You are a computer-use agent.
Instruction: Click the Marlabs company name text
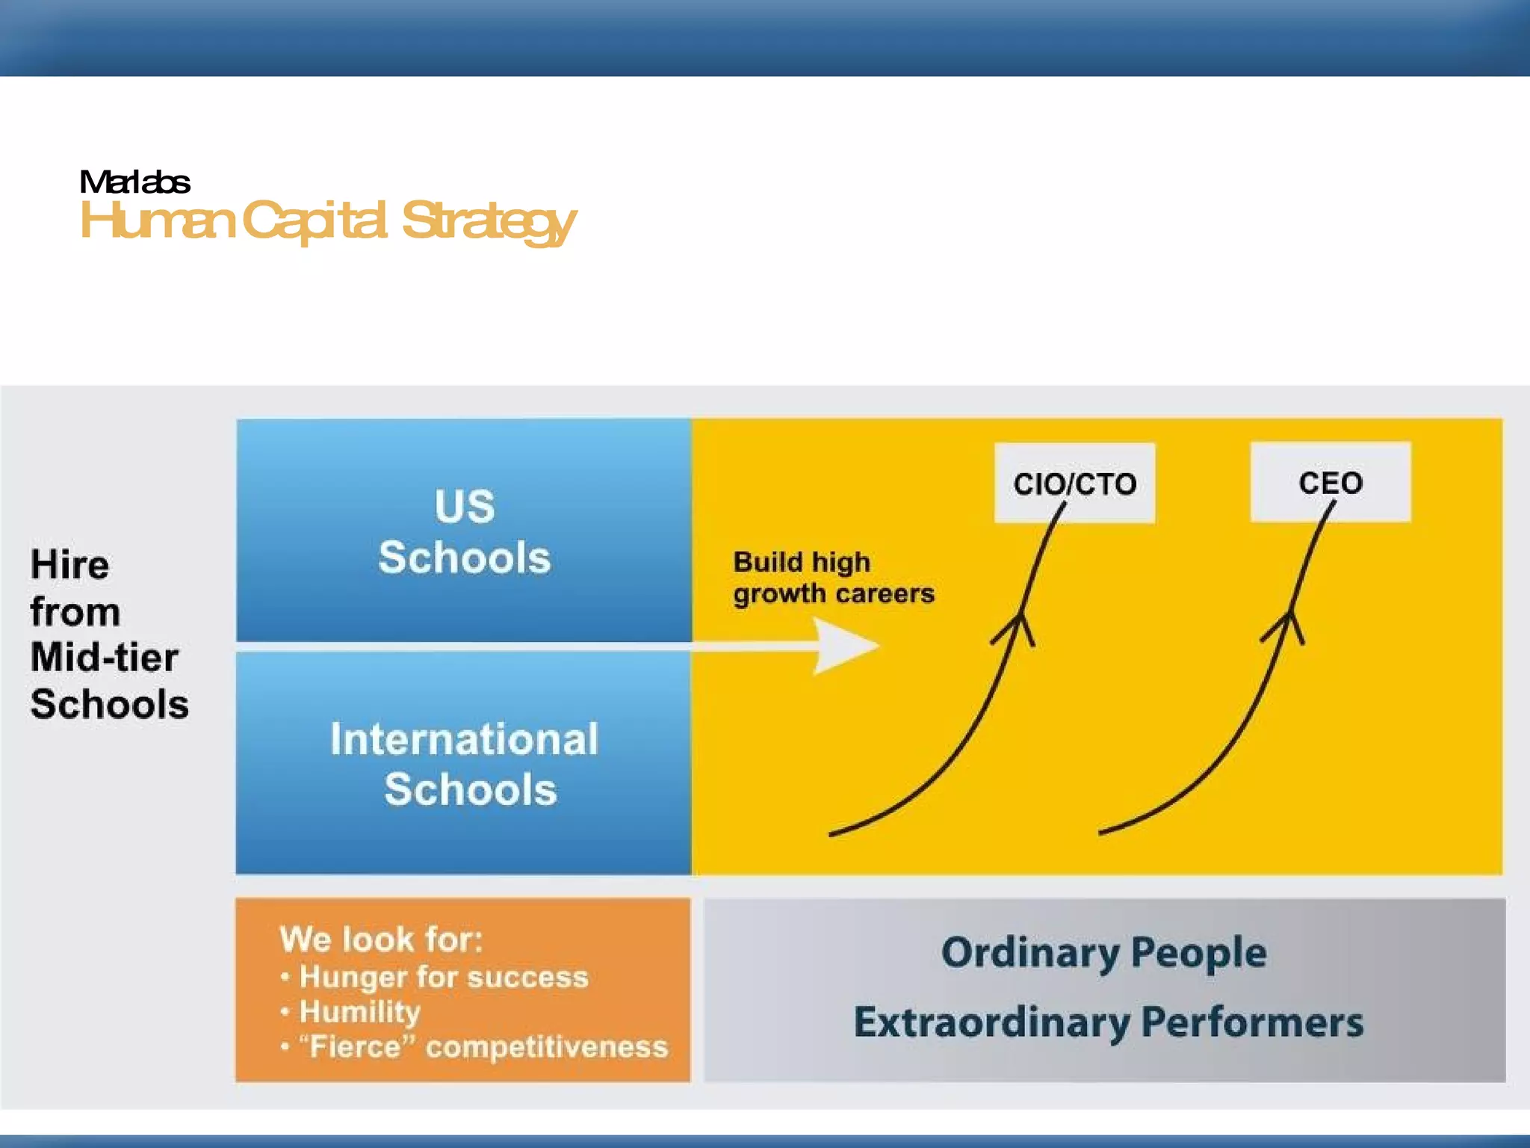(134, 182)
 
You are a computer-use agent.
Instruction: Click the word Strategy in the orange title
(489, 221)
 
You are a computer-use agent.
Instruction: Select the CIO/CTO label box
(1074, 483)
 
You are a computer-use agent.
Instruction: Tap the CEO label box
(1331, 482)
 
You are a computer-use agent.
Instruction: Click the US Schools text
(464, 531)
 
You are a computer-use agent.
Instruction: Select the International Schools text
(465, 764)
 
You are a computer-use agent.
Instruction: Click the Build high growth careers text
(832, 578)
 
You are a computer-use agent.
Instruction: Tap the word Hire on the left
(70, 565)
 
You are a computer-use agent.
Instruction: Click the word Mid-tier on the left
(105, 658)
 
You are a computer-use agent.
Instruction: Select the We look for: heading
(381, 939)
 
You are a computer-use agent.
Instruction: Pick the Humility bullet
(359, 1012)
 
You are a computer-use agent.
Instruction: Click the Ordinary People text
(1103, 953)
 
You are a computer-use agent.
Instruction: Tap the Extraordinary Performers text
(1108, 1022)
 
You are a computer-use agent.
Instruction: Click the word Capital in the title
(315, 221)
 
